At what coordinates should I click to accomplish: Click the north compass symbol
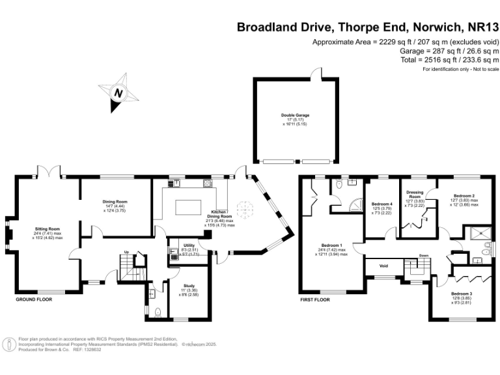(118, 92)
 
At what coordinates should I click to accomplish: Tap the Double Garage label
(295, 115)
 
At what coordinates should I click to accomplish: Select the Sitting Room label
(48, 229)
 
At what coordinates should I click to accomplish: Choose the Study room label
(189, 285)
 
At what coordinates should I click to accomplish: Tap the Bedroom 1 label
(333, 245)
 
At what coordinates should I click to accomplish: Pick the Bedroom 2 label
(464, 196)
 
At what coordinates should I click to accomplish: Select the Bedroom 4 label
(382, 204)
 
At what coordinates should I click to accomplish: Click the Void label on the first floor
(383, 266)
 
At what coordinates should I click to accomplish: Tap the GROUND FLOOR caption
(34, 299)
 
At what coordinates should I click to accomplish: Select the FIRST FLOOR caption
(315, 300)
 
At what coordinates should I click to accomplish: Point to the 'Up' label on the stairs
(126, 252)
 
